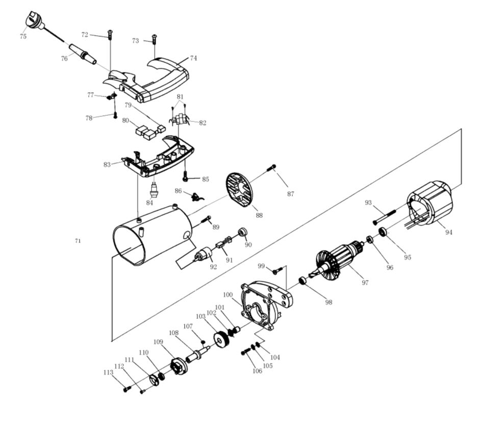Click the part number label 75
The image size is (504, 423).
[23, 36]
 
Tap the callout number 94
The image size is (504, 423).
[448, 232]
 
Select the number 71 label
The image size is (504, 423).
[78, 240]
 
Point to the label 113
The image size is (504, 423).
[108, 372]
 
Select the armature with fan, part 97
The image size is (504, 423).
[339, 259]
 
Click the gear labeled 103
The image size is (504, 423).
[221, 339]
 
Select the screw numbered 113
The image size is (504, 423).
[126, 389]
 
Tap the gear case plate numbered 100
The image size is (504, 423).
[263, 306]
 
